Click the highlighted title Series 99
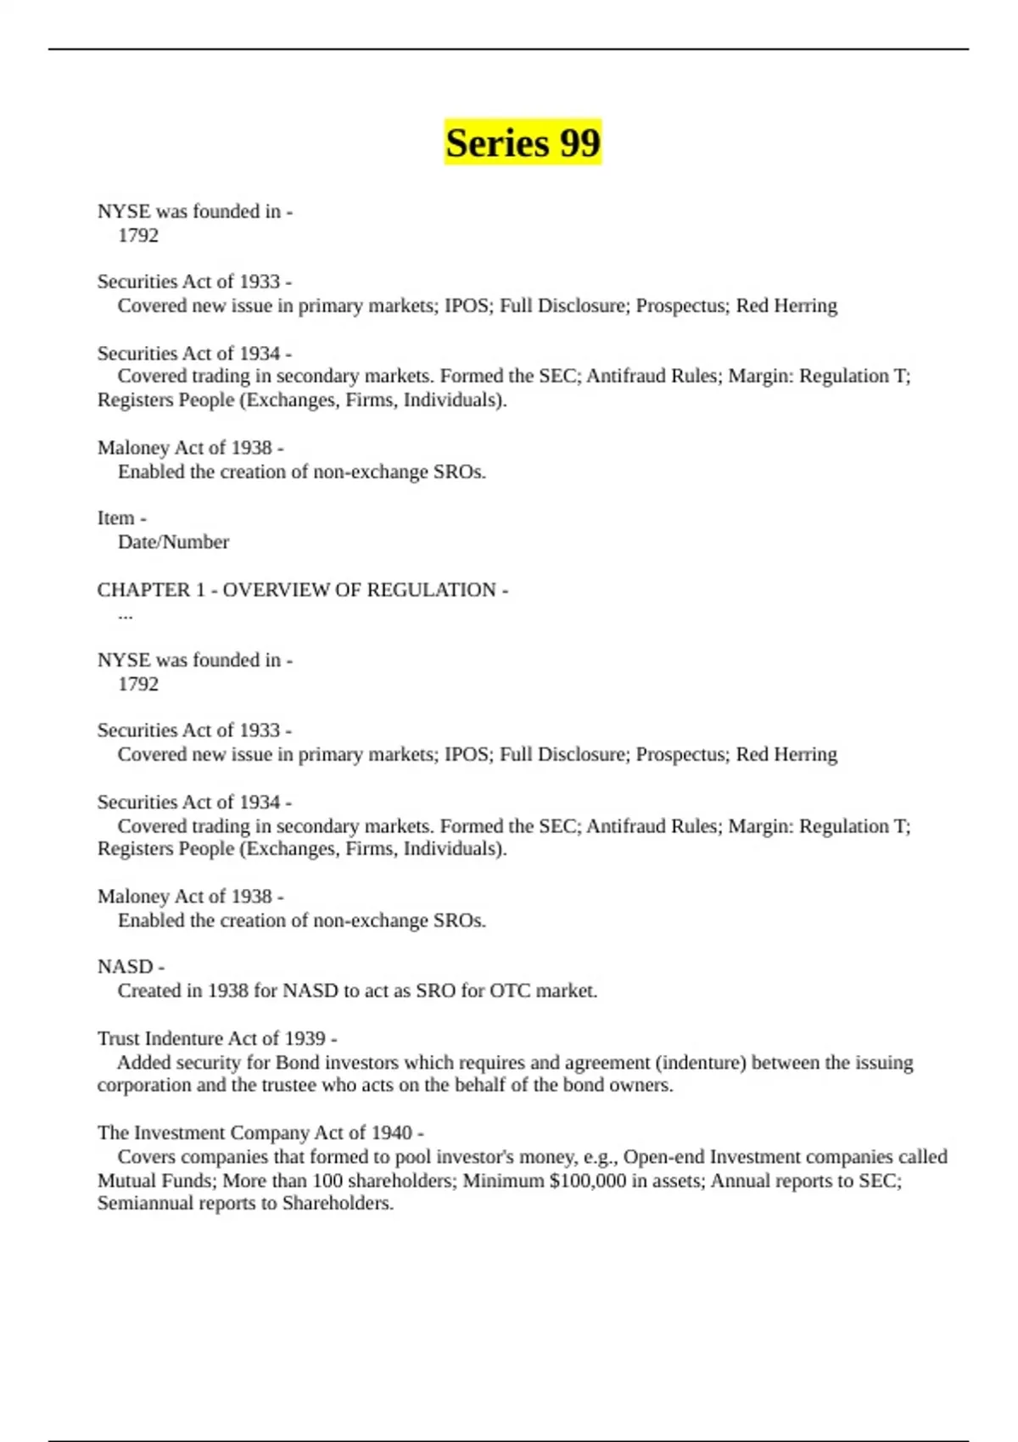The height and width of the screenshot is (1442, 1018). click(523, 143)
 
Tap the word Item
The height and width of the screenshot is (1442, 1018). click(115, 518)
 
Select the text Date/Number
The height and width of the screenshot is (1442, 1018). click(173, 542)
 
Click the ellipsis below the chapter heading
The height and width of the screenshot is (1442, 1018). click(126, 614)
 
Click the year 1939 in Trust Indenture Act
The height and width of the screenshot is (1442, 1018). click(305, 1039)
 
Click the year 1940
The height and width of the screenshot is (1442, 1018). click(391, 1133)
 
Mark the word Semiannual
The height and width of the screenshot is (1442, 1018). click(145, 1204)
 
